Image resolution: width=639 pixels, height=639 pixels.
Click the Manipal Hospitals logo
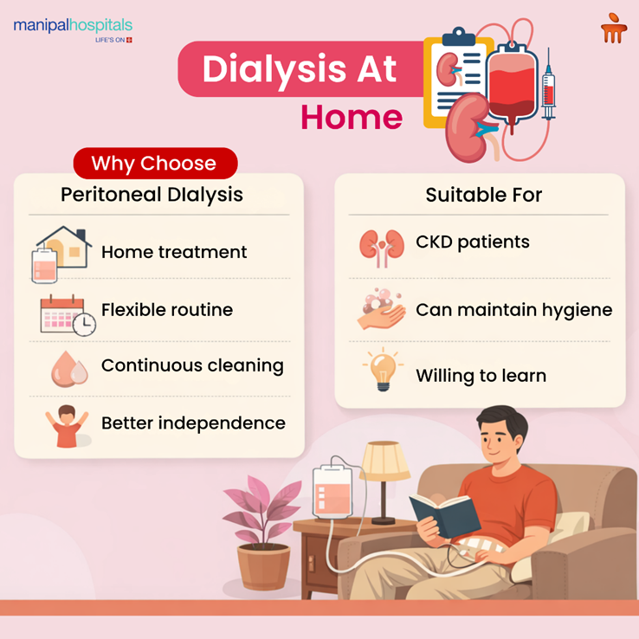coord(73,28)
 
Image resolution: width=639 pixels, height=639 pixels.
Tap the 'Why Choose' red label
coord(154,163)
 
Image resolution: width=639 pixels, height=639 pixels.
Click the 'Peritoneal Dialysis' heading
coord(152,195)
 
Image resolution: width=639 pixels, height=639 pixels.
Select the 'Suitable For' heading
coord(483,195)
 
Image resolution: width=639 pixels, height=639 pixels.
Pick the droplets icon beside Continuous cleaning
coord(69,370)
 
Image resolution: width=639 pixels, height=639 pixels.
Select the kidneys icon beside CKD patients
coord(381,246)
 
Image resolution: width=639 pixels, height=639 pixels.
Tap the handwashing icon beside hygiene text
coord(381,310)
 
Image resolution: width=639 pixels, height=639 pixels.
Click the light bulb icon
coord(381,371)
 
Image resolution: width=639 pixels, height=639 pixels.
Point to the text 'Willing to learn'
coord(481,376)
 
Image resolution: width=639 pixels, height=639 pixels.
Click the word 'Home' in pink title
coord(352,118)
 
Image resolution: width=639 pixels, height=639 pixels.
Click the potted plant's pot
coord(263,566)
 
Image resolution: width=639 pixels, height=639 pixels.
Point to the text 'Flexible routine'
coord(167,310)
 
